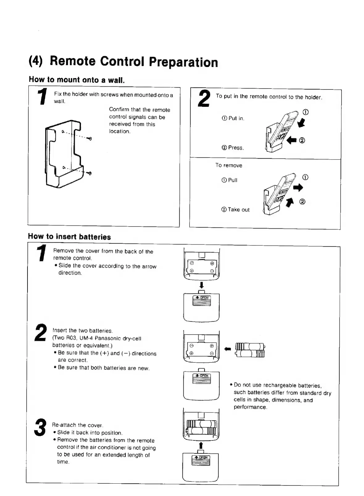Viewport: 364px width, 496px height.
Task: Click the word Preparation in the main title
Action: point(183,62)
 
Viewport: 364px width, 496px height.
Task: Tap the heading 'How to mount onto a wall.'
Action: point(77,80)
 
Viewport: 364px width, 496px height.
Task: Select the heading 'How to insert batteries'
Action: point(69,237)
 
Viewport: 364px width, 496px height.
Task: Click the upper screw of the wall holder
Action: point(90,139)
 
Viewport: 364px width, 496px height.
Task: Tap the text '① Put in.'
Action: point(233,118)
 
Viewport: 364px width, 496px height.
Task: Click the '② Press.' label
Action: point(232,148)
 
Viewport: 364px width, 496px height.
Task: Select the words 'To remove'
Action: point(229,165)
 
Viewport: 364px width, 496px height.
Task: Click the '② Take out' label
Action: point(235,210)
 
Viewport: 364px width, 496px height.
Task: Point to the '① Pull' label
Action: point(229,180)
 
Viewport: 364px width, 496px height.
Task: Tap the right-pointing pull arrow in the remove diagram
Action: point(298,188)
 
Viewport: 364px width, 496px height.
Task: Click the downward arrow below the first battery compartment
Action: point(201,285)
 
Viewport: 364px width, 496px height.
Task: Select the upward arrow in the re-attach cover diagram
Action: point(201,445)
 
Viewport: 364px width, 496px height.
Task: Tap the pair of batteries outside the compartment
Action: point(250,350)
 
